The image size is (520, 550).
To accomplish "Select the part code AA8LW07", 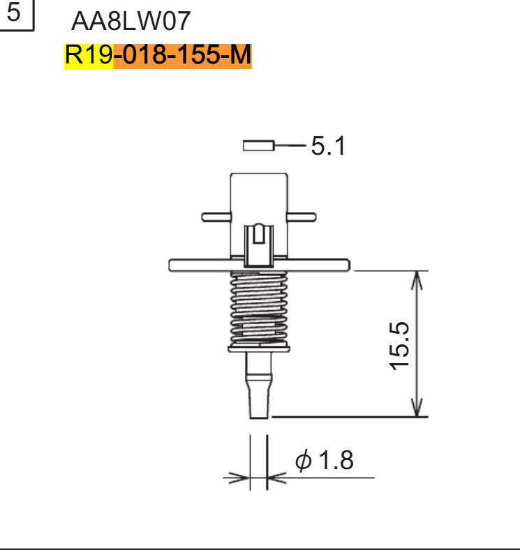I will pos(131,22).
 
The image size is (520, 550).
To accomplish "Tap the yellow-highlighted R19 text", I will pos(89,56).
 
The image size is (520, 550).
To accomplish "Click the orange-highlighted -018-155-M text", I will pos(181,56).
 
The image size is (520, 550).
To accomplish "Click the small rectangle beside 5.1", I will pos(258,146).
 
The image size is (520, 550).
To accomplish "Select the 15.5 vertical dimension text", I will pos(399,345).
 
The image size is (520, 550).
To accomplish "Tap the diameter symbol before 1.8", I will pos(304,461).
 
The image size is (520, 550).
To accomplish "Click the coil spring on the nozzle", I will pos(258,307).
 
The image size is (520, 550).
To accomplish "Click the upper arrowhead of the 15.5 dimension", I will pos(417,279).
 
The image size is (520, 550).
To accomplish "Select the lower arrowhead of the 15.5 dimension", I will pos(417,408).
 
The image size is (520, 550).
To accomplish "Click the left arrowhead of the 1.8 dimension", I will pos(241,478).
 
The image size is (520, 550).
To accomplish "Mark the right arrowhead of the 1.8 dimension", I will pos(276,478).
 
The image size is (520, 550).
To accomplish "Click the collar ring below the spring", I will pos(258,347).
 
